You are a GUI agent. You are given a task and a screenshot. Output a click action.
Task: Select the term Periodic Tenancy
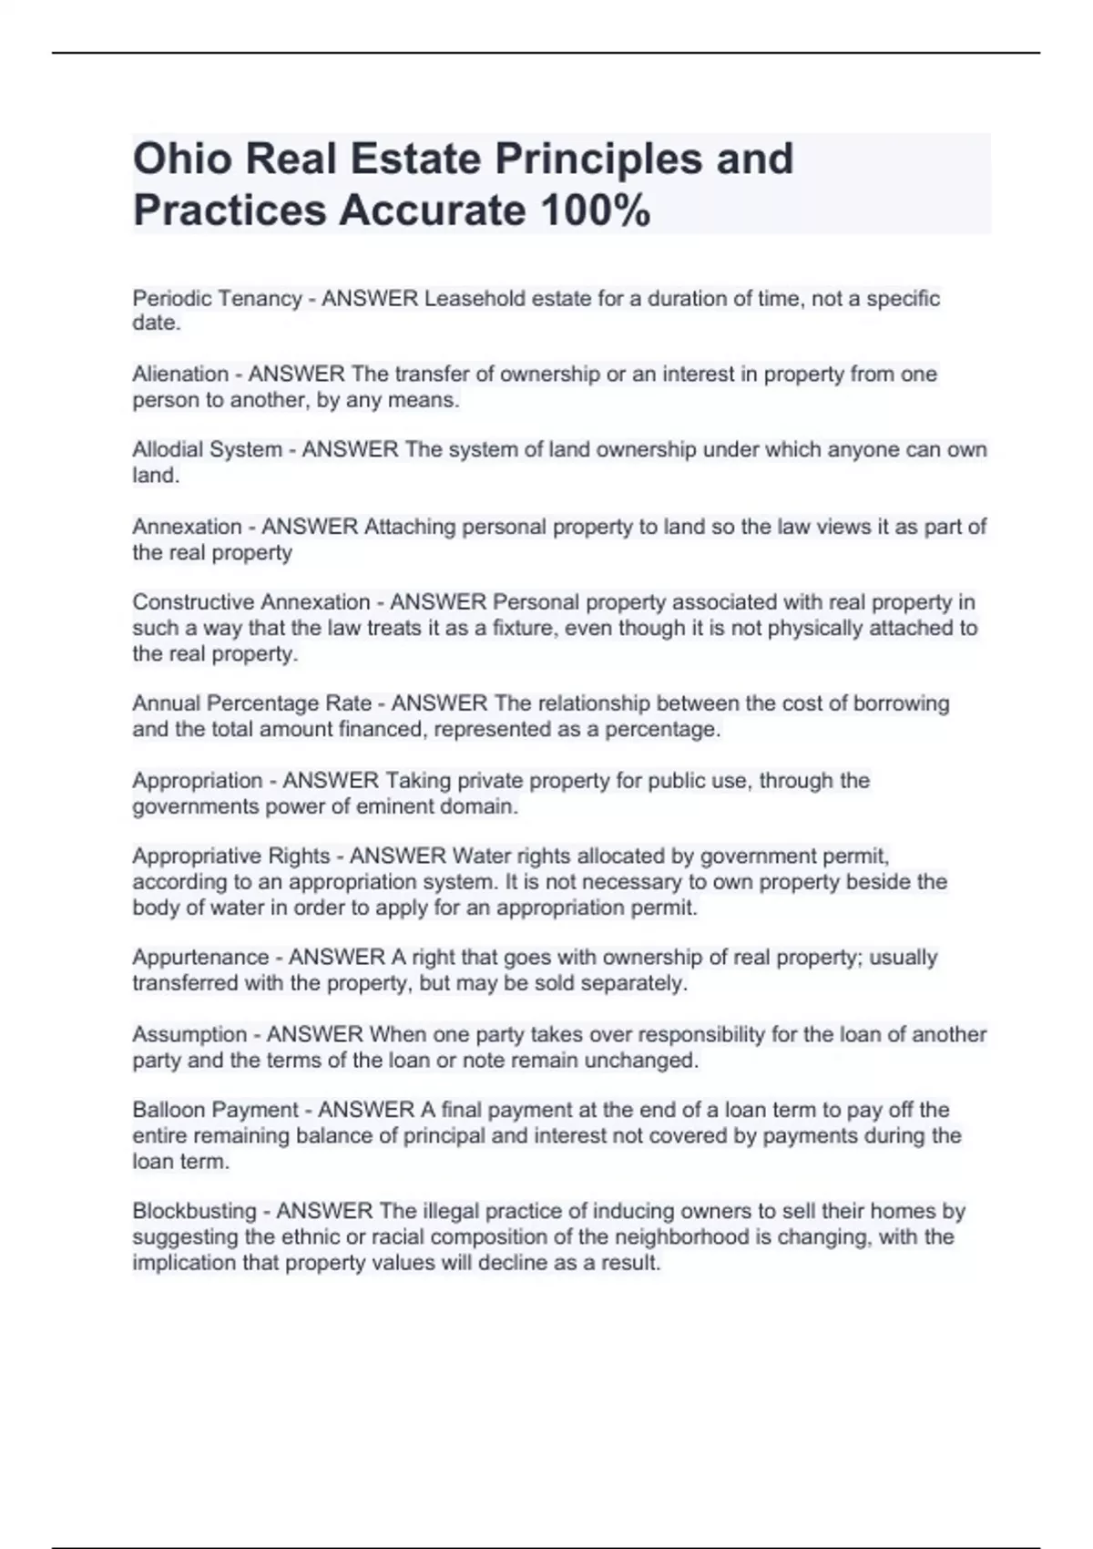click(x=217, y=298)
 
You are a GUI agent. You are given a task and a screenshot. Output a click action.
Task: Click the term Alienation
click(x=180, y=374)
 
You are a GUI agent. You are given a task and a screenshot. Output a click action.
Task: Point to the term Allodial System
click(x=207, y=449)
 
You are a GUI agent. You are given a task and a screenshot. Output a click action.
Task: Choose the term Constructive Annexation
click(x=251, y=602)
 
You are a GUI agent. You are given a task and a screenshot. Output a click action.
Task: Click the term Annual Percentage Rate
click(x=252, y=703)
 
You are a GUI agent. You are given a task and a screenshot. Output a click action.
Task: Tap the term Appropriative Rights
click(x=231, y=856)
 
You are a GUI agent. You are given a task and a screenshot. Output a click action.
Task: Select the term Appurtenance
click(x=200, y=957)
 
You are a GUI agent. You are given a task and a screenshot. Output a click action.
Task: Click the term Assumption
click(x=189, y=1034)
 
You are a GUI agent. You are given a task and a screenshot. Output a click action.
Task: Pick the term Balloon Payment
click(x=215, y=1110)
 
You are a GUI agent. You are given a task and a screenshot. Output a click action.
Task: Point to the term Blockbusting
click(x=195, y=1211)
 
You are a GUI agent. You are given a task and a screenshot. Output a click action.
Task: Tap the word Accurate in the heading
click(x=433, y=210)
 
